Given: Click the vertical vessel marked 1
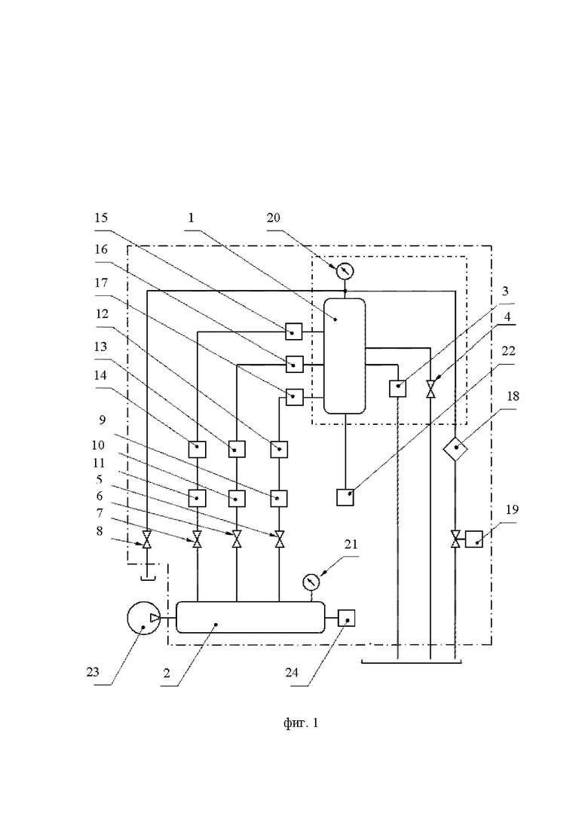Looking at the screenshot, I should (x=345, y=355).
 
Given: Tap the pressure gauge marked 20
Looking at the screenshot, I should (x=345, y=269).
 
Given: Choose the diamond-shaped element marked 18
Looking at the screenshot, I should (x=455, y=450).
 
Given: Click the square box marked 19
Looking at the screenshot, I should (x=474, y=539).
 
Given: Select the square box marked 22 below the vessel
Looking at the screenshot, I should (x=346, y=497).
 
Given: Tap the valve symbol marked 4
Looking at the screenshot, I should (x=430, y=389).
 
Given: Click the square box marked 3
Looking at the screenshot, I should (x=398, y=389).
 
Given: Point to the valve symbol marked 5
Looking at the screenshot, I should (x=280, y=540).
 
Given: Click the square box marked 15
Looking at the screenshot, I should (x=294, y=330).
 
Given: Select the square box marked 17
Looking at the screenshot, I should (x=294, y=396).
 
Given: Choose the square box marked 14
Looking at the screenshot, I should (x=197, y=449).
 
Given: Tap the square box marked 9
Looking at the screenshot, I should (x=280, y=498).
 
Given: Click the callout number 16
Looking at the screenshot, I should (x=101, y=249).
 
